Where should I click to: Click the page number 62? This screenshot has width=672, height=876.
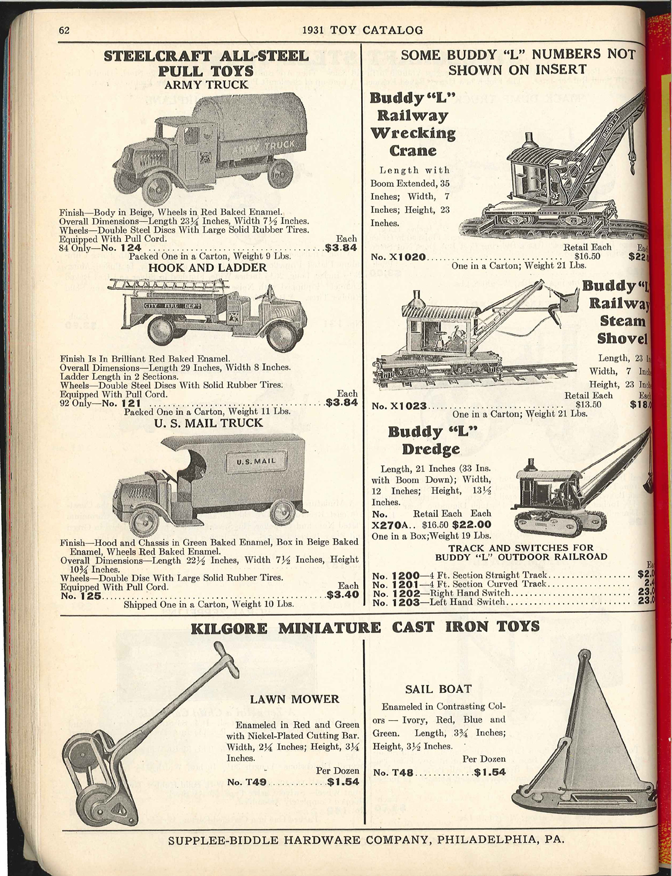64,30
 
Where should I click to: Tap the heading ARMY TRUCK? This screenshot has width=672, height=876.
206,85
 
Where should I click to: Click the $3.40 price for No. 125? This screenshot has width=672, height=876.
342,595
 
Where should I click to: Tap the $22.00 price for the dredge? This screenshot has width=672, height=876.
472,525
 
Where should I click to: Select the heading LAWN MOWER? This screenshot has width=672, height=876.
295,699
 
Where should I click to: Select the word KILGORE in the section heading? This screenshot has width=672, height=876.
230,627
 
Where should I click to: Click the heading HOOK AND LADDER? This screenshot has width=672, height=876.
207,268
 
